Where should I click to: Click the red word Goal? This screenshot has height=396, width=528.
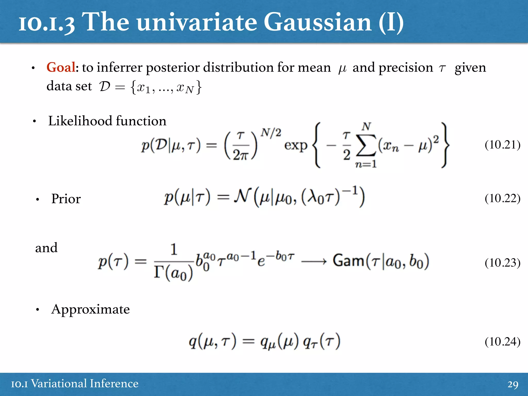[61, 68]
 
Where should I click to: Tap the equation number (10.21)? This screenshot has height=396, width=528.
[502, 145]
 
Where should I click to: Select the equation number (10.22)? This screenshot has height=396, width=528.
[502, 198]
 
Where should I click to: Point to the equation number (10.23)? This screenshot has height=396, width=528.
[502, 263]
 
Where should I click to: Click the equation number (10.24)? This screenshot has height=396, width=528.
[502, 342]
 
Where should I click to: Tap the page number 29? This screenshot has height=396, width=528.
[513, 384]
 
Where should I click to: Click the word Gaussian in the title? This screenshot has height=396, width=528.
[318, 23]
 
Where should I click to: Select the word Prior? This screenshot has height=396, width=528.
[66, 199]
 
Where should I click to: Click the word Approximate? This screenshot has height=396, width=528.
[90, 309]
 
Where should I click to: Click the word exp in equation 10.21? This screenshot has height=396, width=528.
[296, 146]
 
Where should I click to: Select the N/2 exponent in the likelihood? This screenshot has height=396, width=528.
[270, 133]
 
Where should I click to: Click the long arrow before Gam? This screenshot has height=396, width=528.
[313, 262]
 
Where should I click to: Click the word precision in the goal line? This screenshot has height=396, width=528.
[406, 68]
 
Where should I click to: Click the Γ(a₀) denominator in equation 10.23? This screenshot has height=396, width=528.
[173, 273]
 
